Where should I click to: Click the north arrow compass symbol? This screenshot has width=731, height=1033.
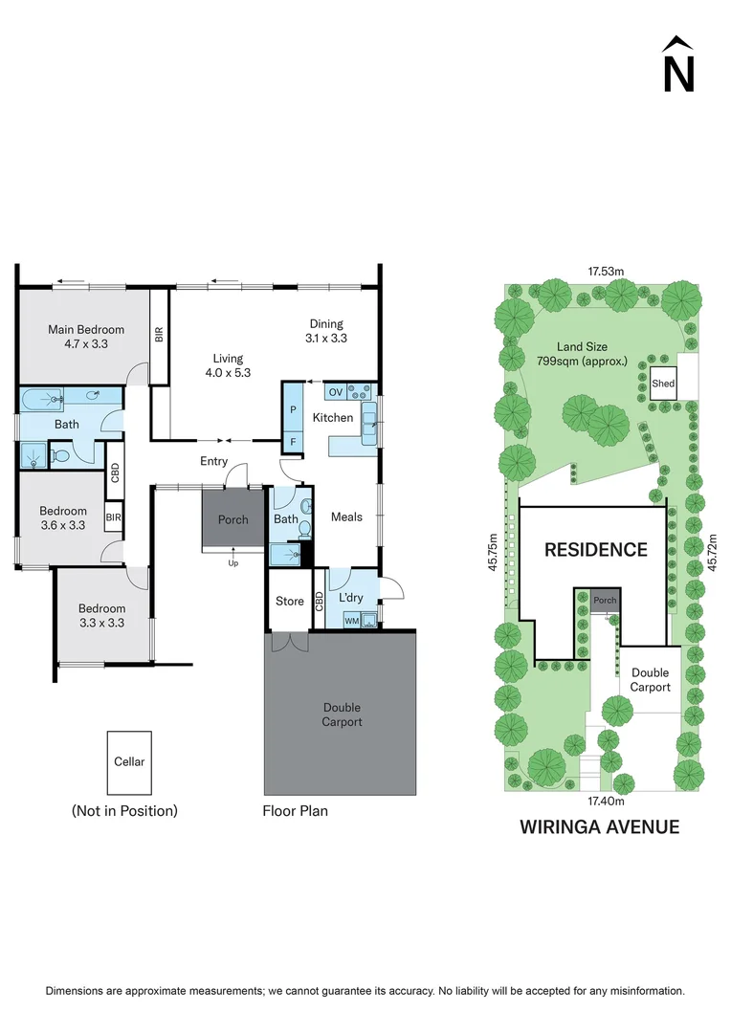[x=678, y=65]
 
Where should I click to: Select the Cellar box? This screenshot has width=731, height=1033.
[x=129, y=762]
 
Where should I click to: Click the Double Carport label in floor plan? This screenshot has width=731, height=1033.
[x=342, y=714]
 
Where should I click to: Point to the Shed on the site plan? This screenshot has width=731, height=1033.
[x=663, y=384]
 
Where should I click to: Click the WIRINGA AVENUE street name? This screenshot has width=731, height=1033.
[x=599, y=826]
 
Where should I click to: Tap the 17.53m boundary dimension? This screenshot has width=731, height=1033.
[x=605, y=272]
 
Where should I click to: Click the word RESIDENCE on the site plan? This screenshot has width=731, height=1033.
[x=595, y=550]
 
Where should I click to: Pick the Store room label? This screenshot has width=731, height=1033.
[x=289, y=602]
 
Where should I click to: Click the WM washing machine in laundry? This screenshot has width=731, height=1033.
[x=350, y=621]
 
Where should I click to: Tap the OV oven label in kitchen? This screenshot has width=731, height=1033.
[x=335, y=391]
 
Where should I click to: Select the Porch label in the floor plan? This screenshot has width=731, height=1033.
[x=233, y=520]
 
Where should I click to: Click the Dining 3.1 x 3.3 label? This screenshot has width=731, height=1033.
[x=325, y=331]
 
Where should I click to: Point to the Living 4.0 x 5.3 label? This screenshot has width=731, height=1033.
[x=228, y=365]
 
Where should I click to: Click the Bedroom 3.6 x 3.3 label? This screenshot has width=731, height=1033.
[x=63, y=517]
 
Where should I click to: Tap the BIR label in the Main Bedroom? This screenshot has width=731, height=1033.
[x=159, y=335]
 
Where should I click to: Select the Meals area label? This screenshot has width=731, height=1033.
[x=346, y=516]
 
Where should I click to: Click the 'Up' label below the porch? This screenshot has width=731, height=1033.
[x=233, y=563]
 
